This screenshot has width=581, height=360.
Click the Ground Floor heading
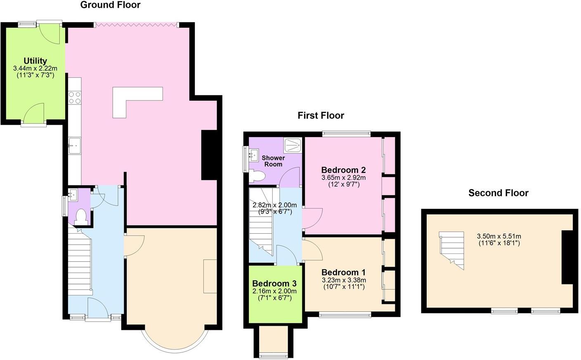coord(110,5)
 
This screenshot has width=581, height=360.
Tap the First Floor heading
coord(321,116)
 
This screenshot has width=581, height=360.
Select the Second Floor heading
coord(498,193)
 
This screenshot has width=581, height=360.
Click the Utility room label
coord(35,61)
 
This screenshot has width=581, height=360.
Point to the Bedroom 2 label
coord(343,170)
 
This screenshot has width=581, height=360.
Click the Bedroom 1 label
coord(343,272)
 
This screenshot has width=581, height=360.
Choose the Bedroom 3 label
coord(274,284)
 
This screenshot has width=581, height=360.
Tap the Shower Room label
coord(273,161)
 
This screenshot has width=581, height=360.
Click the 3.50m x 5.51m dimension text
coord(498,237)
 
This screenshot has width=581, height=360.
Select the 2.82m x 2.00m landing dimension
coord(274,205)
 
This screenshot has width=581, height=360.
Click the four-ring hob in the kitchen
coord(75,98)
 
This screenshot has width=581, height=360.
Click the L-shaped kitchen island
coord(132,99)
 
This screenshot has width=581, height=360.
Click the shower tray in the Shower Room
coord(293,145)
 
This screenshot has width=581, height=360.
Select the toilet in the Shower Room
coord(257,176)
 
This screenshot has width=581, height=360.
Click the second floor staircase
coord(452,248)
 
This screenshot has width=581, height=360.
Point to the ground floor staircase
coord(79,264)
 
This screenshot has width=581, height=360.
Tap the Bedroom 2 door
coord(312,218)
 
